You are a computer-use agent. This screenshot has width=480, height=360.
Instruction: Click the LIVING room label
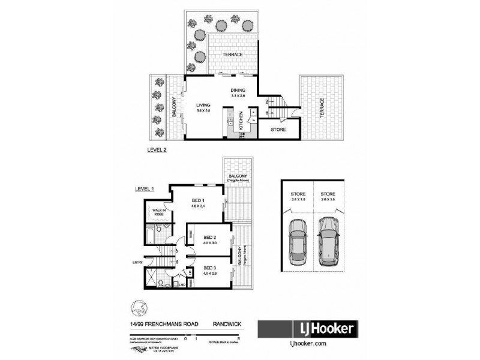click(202, 105)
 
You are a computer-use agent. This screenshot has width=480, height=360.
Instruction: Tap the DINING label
click(239, 91)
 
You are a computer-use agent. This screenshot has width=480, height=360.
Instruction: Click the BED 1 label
click(199, 200)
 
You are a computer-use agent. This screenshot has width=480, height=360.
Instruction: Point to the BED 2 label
click(209, 238)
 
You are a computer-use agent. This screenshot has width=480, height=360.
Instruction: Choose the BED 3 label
click(209, 268)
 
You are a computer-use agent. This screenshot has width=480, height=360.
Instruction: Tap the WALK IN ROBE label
click(158, 212)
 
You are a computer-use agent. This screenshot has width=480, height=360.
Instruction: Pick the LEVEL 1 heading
click(144, 190)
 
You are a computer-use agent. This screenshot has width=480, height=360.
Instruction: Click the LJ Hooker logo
click(307, 329)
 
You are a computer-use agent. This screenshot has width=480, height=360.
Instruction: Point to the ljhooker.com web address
click(307, 344)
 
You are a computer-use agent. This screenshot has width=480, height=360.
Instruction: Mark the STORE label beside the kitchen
click(277, 130)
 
